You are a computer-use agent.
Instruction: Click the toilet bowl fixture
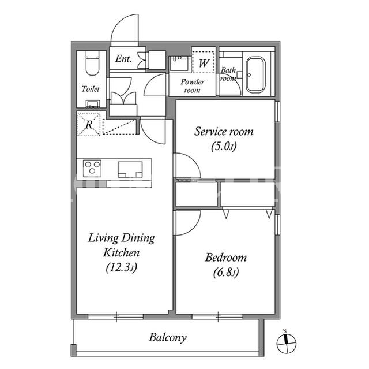pos(92,63)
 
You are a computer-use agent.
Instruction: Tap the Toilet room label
pos(91,89)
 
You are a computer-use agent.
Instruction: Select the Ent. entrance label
pos(123,59)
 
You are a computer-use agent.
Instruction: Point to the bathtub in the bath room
pos(255,74)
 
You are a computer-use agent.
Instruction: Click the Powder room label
pos(192,86)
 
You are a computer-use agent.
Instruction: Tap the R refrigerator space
pos(89,124)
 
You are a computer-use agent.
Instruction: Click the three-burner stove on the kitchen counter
pos(92,168)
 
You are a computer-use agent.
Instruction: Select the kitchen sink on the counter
pos(130,169)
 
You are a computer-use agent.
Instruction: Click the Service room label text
pos(224,132)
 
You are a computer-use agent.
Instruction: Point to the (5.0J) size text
pos(224,147)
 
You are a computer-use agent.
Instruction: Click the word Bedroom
pos(226,258)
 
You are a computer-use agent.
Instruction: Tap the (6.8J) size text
pos(226,273)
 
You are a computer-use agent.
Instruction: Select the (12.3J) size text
pos(121,268)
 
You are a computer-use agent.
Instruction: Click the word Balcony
pos(168,338)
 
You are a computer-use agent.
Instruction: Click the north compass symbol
pos(286,343)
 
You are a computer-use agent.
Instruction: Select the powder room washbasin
pos(179,63)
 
